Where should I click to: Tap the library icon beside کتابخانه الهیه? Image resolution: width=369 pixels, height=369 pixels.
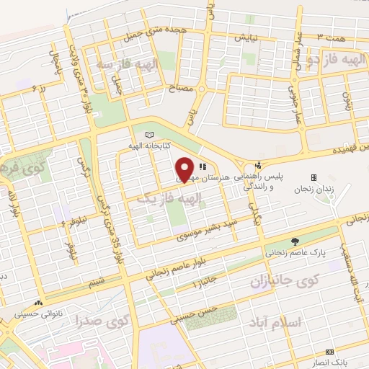coord(149,135)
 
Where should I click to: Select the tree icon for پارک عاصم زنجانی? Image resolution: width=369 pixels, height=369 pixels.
coord(294,241)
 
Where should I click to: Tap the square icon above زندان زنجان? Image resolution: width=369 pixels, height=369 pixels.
coord(314,177)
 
